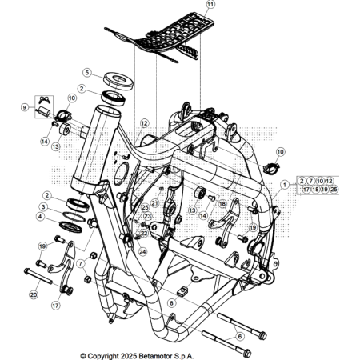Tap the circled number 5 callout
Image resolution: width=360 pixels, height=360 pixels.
[86, 72]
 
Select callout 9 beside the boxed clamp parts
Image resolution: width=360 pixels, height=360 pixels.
[26, 107]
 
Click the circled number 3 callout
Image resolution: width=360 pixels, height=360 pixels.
[40, 206]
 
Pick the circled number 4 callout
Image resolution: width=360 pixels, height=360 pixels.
[40, 216]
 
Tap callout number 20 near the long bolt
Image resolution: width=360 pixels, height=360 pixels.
[34, 294]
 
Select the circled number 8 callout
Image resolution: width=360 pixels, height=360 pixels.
[171, 303]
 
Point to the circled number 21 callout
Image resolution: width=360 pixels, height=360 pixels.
[154, 203]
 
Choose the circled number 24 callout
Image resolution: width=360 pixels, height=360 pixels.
[142, 251]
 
